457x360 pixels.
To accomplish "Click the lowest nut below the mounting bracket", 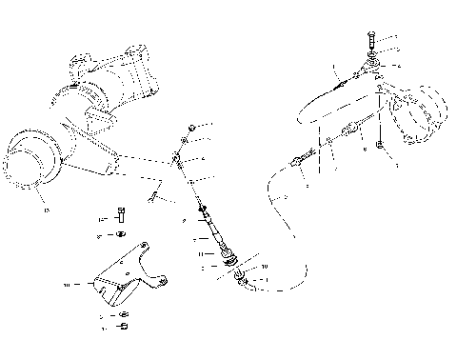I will pos(123,328).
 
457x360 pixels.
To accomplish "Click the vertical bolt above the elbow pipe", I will pos(369,42).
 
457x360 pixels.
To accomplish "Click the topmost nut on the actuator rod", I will pos(192,126).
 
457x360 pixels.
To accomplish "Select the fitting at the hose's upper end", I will pos(300,163).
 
